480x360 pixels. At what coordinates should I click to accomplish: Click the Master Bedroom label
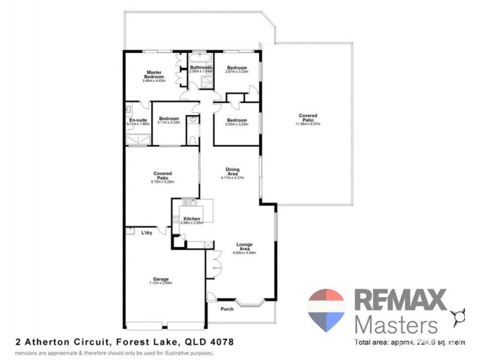pos(154,76)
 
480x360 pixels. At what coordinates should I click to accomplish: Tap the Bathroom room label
pos(201,68)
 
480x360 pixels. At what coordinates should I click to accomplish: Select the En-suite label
pos(138,121)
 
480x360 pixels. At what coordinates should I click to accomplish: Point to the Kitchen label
pos(191,219)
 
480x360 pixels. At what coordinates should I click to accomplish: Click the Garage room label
pos(160,279)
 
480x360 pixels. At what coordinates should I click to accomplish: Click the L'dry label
pos(146,233)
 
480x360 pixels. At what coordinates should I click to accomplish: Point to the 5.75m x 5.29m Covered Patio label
pos(163,176)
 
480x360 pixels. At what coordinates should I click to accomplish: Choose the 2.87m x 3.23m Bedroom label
pos(236,68)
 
